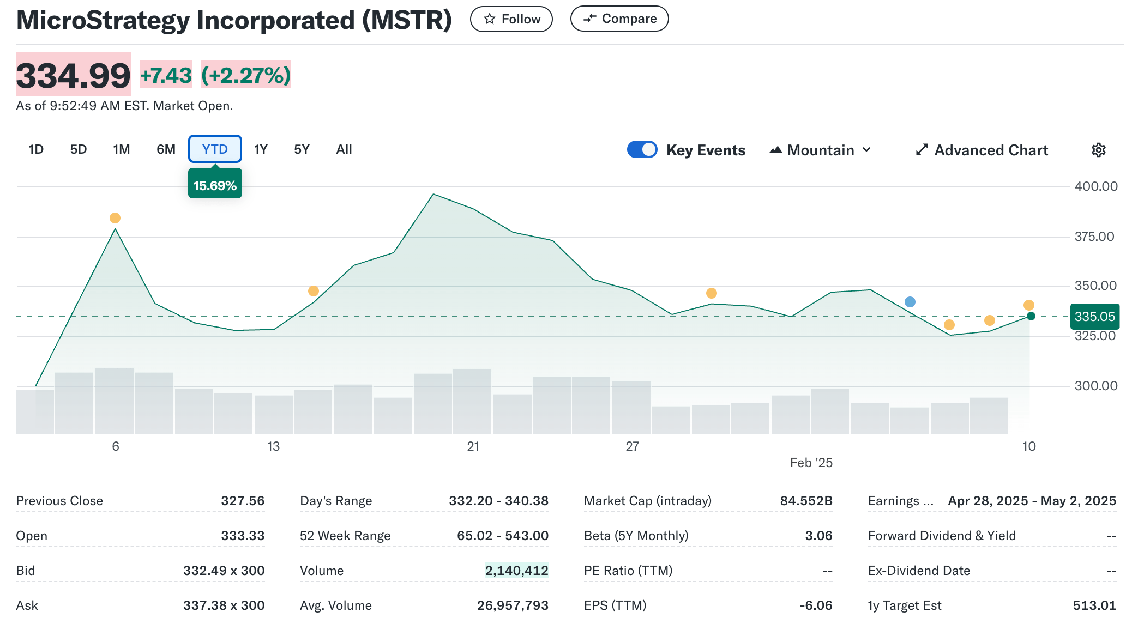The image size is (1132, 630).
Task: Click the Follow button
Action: click(x=511, y=19)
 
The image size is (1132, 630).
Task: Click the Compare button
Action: click(x=619, y=19)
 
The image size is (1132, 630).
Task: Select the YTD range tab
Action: click(x=215, y=149)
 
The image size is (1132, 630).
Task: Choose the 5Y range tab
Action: click(x=302, y=149)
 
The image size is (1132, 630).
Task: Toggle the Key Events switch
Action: click(x=642, y=150)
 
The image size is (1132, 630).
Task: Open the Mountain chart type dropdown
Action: click(x=821, y=150)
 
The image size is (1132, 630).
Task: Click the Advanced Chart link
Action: click(x=982, y=150)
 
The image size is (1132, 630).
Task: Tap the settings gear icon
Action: click(x=1098, y=150)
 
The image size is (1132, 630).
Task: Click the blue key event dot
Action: click(x=910, y=302)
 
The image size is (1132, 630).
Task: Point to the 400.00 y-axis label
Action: click(x=1095, y=186)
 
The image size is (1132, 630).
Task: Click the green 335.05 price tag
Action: click(x=1094, y=317)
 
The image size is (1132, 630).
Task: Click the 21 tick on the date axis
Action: click(x=473, y=446)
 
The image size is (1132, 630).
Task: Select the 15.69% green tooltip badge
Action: click(x=215, y=185)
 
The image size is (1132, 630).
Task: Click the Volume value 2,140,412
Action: click(x=516, y=571)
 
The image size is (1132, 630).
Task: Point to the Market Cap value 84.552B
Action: click(x=806, y=501)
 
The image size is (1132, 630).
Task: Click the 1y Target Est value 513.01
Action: click(x=1094, y=605)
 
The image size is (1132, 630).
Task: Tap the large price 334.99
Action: click(x=73, y=75)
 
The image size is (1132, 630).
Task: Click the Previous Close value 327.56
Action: click(x=243, y=501)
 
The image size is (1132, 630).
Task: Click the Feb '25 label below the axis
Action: click(x=811, y=463)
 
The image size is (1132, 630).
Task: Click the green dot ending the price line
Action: click(x=1031, y=316)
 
